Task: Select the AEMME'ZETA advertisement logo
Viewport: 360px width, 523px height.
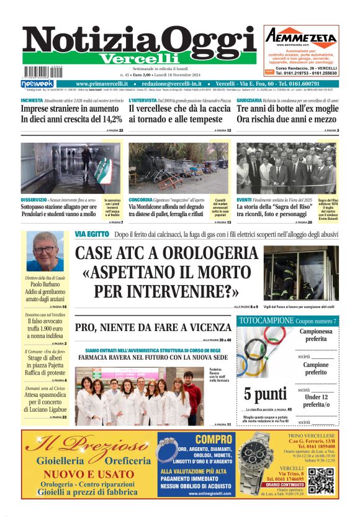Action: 301,36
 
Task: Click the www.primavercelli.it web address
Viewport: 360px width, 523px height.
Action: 102,84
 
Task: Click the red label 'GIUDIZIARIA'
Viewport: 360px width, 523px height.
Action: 249,99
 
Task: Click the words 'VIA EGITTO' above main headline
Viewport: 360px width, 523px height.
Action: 90,234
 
